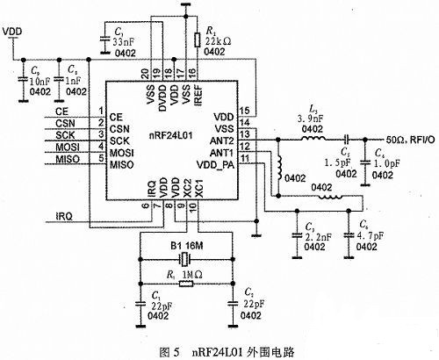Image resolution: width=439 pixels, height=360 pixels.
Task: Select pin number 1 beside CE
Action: click(x=102, y=112)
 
